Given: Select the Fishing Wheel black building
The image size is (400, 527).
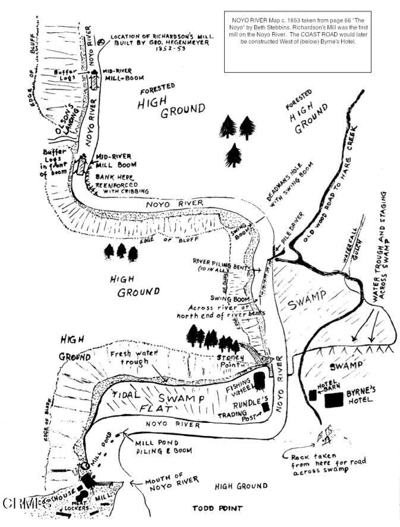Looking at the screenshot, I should (259, 380).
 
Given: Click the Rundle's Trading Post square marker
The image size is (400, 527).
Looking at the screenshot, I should (264, 406).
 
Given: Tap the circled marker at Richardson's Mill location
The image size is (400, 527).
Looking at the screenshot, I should (102, 42).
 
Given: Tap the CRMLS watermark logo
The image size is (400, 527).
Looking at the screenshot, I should (27, 503).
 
